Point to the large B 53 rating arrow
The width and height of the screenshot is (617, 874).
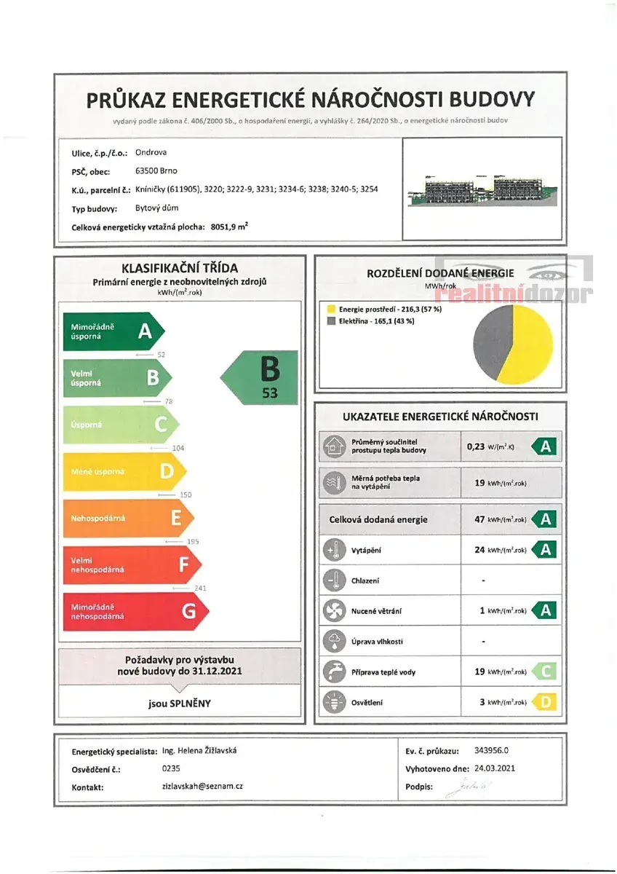click(x=263, y=377)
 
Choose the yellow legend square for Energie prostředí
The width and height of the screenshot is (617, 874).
click(x=332, y=310)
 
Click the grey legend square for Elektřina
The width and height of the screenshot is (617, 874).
click(x=332, y=321)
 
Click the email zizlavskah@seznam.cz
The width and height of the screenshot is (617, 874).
click(x=202, y=787)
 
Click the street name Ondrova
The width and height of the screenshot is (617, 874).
click(x=151, y=153)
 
